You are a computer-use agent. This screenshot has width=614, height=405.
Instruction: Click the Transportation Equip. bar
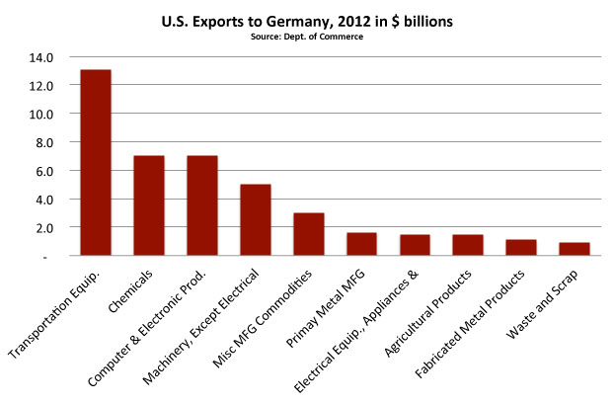[x=96, y=163]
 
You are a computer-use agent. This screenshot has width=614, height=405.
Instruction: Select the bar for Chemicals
[x=149, y=205]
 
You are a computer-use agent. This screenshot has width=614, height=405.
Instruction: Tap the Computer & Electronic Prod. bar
[x=202, y=205]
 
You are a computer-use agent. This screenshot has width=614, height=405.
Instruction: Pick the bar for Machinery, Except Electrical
[x=256, y=219]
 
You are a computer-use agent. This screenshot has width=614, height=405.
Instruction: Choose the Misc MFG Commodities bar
[x=309, y=234]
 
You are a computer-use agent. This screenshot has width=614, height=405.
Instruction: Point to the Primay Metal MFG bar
[x=362, y=244]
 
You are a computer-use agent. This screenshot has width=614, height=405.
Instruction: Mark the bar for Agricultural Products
[x=469, y=245]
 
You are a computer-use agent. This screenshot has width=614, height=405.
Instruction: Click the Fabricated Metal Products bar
[x=522, y=248]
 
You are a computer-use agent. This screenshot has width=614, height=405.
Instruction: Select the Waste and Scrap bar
[x=576, y=249]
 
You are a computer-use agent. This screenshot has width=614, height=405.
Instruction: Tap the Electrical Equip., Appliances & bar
[x=416, y=245]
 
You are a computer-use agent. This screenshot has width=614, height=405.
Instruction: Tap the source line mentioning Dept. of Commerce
[x=307, y=36]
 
